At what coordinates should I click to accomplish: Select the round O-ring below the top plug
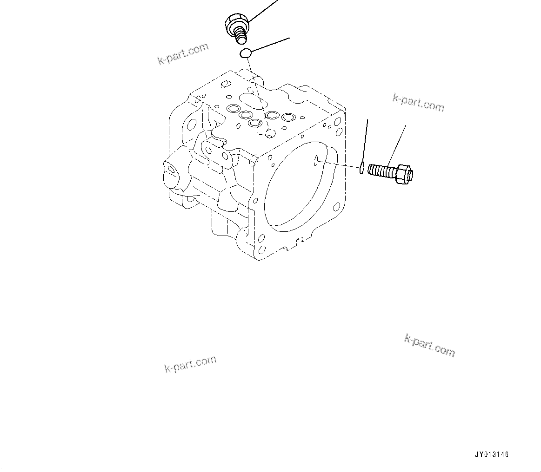tap(246, 53)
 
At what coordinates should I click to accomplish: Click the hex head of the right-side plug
tap(404, 173)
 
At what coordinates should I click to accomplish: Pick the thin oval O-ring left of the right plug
tap(361, 168)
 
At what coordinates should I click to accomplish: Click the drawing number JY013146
tap(492, 455)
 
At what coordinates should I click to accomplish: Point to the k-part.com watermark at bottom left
tap(190, 365)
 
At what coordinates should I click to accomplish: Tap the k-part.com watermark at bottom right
tap(429, 345)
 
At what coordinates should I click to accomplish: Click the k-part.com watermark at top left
tap(183, 54)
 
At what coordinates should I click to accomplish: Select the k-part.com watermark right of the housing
tap(418, 103)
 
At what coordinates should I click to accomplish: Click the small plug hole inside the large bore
tap(316, 160)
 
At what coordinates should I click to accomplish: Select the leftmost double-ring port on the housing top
tap(233, 109)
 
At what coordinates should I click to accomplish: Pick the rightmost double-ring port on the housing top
tap(288, 117)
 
